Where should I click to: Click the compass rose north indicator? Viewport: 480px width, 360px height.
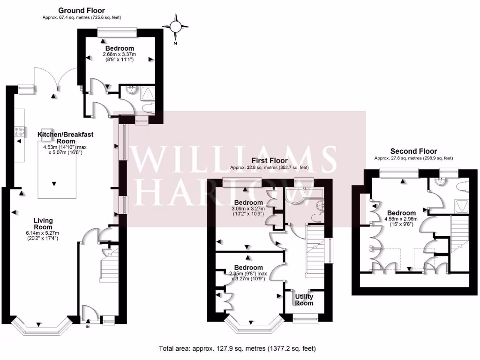[176, 26]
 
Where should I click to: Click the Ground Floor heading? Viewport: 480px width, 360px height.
[81, 10]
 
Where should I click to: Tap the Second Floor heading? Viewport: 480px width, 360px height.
[413, 151]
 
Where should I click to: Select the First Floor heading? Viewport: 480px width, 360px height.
[269, 161]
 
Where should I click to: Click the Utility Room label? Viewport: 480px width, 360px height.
[304, 300]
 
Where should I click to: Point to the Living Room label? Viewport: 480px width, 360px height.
[43, 224]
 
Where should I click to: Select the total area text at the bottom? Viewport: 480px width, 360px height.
[237, 348]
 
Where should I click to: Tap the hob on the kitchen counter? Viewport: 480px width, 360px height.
[20, 132]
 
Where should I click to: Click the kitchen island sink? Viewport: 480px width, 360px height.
[47, 131]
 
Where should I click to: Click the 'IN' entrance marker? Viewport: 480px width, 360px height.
[88, 327]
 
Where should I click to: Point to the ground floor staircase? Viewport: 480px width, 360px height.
[110, 268]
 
